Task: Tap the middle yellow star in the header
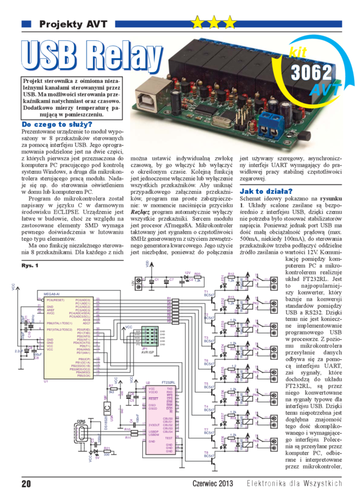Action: pos(214,23)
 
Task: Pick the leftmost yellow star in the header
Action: pos(197,23)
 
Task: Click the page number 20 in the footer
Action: pos(26,483)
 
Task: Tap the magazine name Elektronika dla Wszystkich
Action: pos(294,483)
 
